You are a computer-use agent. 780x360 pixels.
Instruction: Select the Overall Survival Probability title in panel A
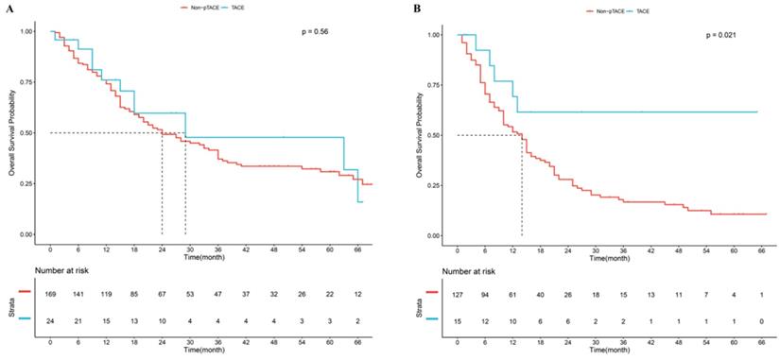[x=11, y=132]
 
